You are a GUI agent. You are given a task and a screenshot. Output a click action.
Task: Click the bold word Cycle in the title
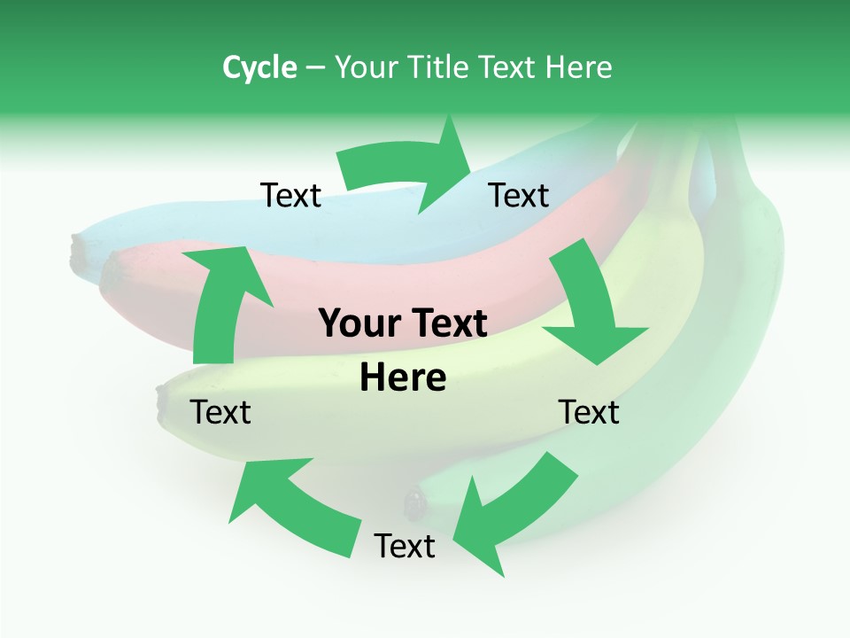(x=259, y=67)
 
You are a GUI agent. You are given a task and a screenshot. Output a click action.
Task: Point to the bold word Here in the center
(x=403, y=377)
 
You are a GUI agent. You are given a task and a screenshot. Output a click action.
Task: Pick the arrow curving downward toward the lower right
(x=593, y=310)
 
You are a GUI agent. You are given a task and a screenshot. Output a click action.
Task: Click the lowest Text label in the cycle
(x=405, y=546)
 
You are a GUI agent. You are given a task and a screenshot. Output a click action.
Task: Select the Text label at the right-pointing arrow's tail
(x=290, y=195)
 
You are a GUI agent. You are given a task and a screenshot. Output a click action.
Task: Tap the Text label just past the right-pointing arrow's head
(x=519, y=195)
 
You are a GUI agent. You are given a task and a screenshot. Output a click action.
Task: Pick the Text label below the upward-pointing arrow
(x=220, y=412)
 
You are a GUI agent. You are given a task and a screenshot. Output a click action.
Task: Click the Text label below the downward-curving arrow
(x=589, y=412)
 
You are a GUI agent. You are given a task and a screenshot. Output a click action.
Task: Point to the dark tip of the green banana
(x=413, y=503)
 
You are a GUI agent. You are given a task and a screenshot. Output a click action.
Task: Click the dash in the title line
(x=315, y=67)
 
